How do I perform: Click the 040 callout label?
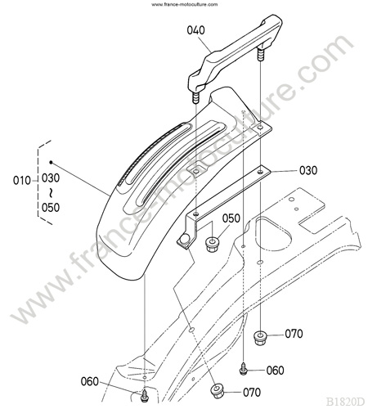[x=195, y=30]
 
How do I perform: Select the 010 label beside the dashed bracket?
[x=22, y=181]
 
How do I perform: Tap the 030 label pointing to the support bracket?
[x=308, y=170]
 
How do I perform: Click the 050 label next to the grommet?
[x=231, y=218]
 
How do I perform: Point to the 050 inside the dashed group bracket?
[x=51, y=208]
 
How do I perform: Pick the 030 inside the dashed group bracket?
[x=51, y=178]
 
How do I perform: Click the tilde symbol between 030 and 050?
[x=51, y=193]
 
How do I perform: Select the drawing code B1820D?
[x=345, y=402]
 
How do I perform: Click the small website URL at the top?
[x=184, y=4]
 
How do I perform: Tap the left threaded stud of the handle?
[x=195, y=98]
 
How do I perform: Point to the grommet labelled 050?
[x=211, y=245]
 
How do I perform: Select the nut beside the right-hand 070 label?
[x=260, y=338]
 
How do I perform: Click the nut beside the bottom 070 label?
[x=217, y=392]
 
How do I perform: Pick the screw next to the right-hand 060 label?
[x=243, y=370]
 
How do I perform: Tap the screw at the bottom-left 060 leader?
[x=144, y=396]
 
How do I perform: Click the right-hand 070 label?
[x=294, y=334]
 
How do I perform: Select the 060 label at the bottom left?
[x=90, y=381]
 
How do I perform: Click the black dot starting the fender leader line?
[x=51, y=162]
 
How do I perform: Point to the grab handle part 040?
[x=235, y=52]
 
